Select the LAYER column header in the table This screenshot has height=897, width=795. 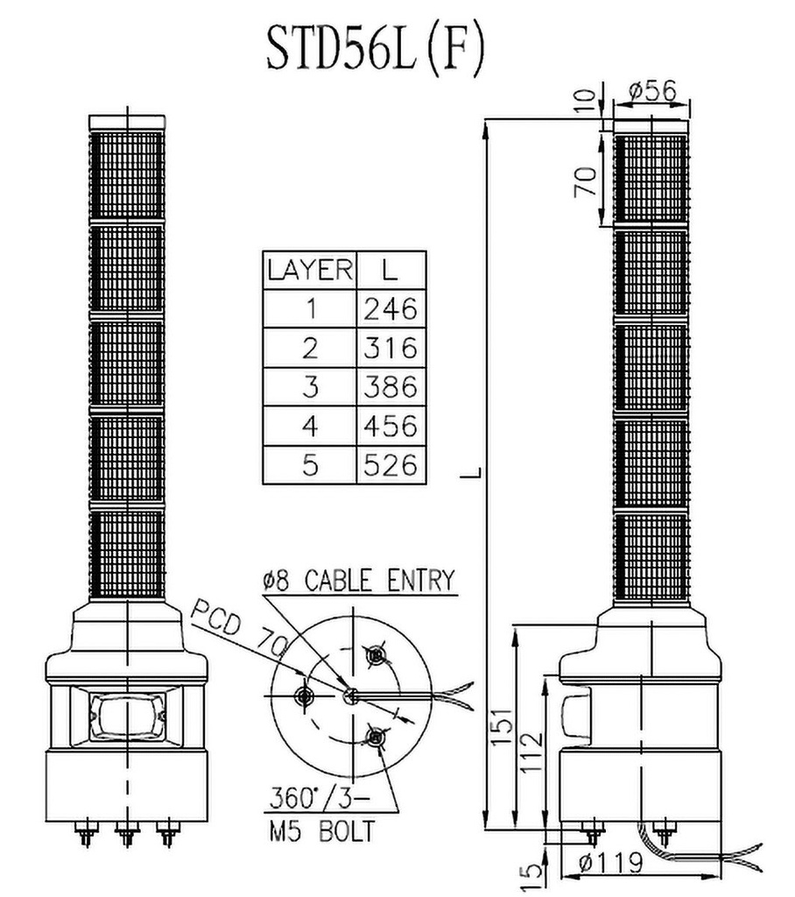click(310, 270)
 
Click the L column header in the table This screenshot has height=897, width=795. click(390, 270)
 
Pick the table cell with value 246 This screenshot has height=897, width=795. click(390, 308)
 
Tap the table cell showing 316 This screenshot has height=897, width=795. click(390, 348)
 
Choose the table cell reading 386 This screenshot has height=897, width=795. click(390, 386)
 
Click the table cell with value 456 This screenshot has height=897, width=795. click(390, 426)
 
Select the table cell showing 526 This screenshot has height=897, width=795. click(390, 464)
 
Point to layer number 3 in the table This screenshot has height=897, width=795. click(310, 386)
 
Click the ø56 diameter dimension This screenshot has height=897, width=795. click(652, 89)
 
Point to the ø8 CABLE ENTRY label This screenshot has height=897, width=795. click(358, 580)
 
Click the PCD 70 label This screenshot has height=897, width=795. click(240, 625)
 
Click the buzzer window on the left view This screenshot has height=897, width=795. click(126, 715)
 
